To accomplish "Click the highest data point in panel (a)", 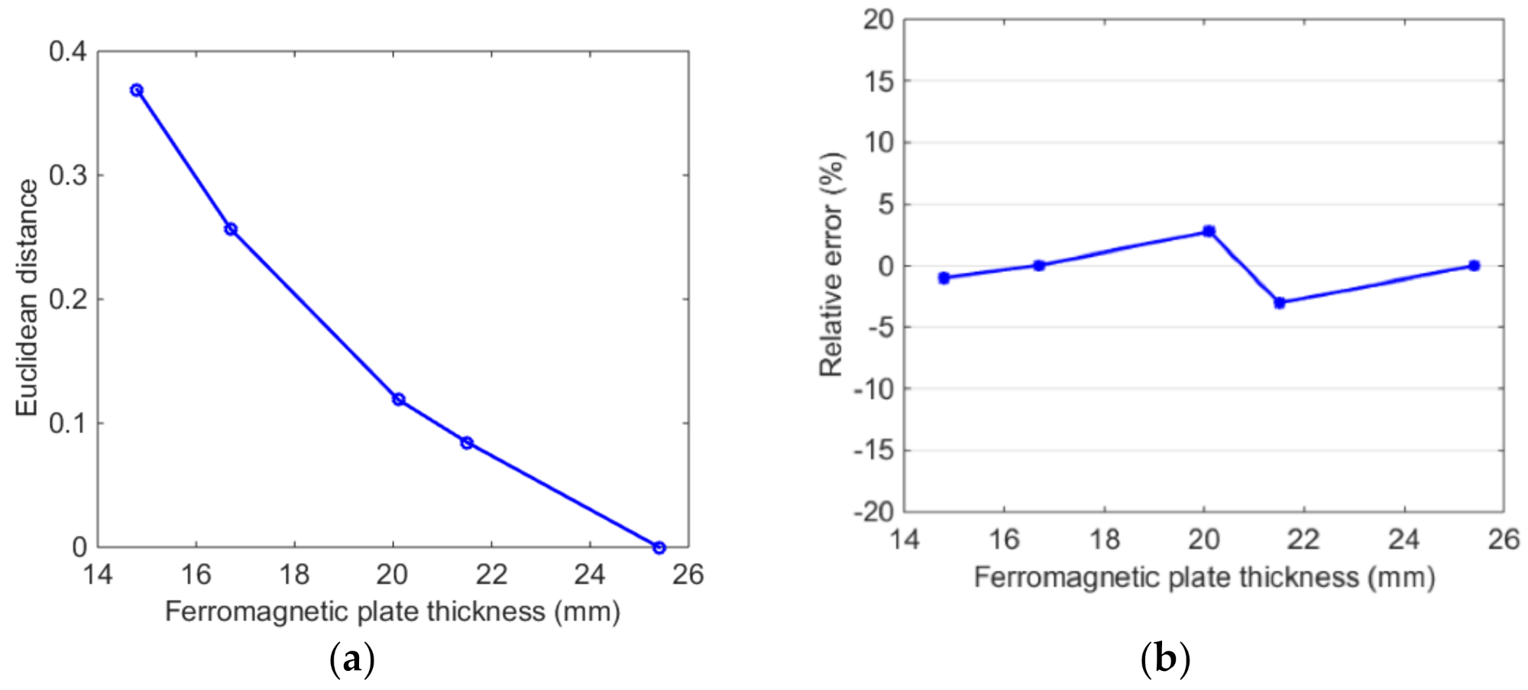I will pyautogui.click(x=137, y=90).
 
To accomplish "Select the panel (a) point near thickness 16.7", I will pyautogui.click(x=231, y=229).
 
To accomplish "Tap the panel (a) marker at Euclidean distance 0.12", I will pyautogui.click(x=398, y=400).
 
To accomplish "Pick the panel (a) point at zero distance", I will pyautogui.click(x=659, y=547).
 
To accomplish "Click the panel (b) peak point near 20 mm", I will pyautogui.click(x=1209, y=231).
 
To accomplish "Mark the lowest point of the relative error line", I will pyautogui.click(x=1280, y=303).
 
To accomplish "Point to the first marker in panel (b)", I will pyautogui.click(x=944, y=278).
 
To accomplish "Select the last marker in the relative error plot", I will pyautogui.click(x=1475, y=266).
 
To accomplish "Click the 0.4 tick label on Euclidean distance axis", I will pyautogui.click(x=68, y=52).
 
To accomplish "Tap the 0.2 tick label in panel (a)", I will pyautogui.click(x=68, y=300).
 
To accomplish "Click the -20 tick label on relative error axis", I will pyautogui.click(x=873, y=512).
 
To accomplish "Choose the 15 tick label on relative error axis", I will pyautogui.click(x=879, y=81).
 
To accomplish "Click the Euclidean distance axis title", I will pyautogui.click(x=28, y=298).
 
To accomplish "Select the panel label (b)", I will pyautogui.click(x=1165, y=659).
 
